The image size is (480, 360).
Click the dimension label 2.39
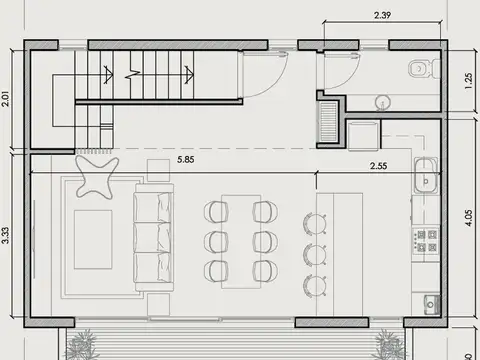tap(381, 15)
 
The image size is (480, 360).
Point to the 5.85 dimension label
tap(186, 158)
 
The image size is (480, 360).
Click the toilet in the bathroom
tap(423, 68)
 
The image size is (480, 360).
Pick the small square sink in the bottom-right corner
tap(430, 302)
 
